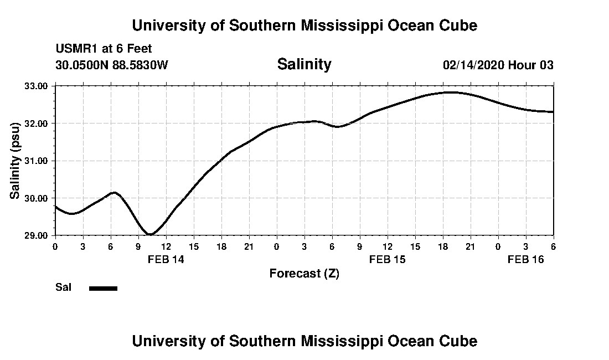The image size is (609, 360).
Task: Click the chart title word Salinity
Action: click(304, 64)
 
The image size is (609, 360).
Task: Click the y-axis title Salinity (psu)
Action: click(15, 161)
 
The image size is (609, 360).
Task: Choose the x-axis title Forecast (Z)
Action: click(304, 273)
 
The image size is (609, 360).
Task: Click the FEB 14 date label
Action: click(166, 259)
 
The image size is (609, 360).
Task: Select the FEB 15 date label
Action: click(388, 259)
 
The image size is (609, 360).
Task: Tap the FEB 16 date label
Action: click(526, 259)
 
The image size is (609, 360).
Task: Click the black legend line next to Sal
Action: click(103, 288)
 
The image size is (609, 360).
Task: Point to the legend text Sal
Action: click(63, 287)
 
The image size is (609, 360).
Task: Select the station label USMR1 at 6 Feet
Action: click(104, 49)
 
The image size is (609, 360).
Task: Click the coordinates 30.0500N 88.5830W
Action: click(111, 65)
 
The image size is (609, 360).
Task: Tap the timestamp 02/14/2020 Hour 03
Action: click(498, 65)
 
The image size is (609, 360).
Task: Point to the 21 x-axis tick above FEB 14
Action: click(249, 246)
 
